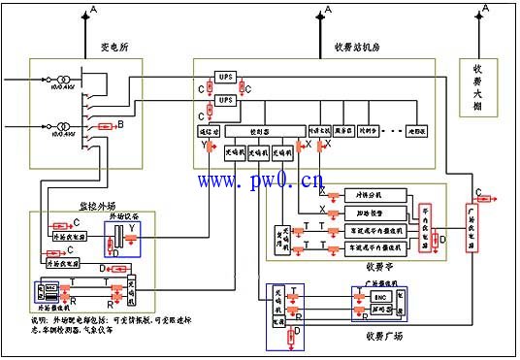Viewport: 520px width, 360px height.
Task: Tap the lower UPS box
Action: [225, 101]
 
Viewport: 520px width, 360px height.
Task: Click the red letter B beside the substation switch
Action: [120, 124]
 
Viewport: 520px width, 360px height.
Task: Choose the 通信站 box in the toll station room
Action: [210, 128]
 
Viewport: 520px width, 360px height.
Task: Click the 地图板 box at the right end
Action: [419, 128]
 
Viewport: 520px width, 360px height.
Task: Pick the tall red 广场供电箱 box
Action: [472, 229]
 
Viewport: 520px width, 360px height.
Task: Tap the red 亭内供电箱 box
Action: [424, 230]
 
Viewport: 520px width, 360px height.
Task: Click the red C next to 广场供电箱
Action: [478, 191]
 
